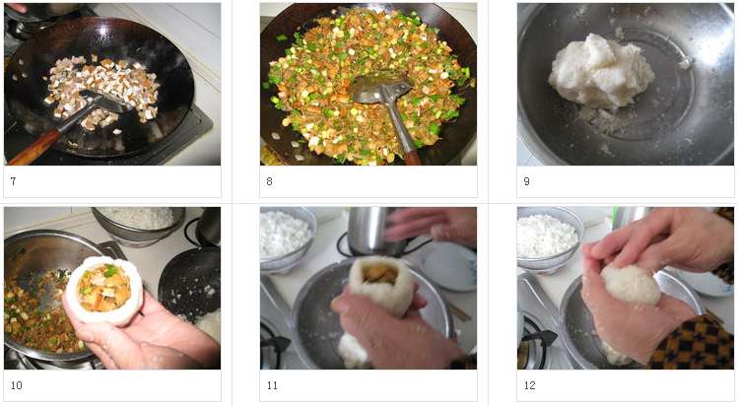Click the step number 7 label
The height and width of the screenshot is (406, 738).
click(x=13, y=181)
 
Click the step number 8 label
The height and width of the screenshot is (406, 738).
click(x=269, y=181)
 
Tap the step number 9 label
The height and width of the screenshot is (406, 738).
click(x=527, y=181)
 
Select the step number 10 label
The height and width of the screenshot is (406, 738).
click(x=16, y=385)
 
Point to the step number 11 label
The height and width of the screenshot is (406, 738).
click(x=272, y=385)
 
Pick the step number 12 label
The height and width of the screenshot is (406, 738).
click(x=529, y=385)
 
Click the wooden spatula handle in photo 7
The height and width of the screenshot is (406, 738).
click(x=33, y=147)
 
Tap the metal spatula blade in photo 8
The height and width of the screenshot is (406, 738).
click(x=381, y=90)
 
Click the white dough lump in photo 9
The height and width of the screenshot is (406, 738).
click(x=601, y=71)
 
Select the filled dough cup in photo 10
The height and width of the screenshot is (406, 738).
click(x=103, y=291)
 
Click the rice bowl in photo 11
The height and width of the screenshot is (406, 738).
click(x=286, y=238)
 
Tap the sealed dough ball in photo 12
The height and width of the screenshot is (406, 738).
click(x=632, y=284)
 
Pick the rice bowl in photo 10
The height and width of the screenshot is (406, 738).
click(x=139, y=225)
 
